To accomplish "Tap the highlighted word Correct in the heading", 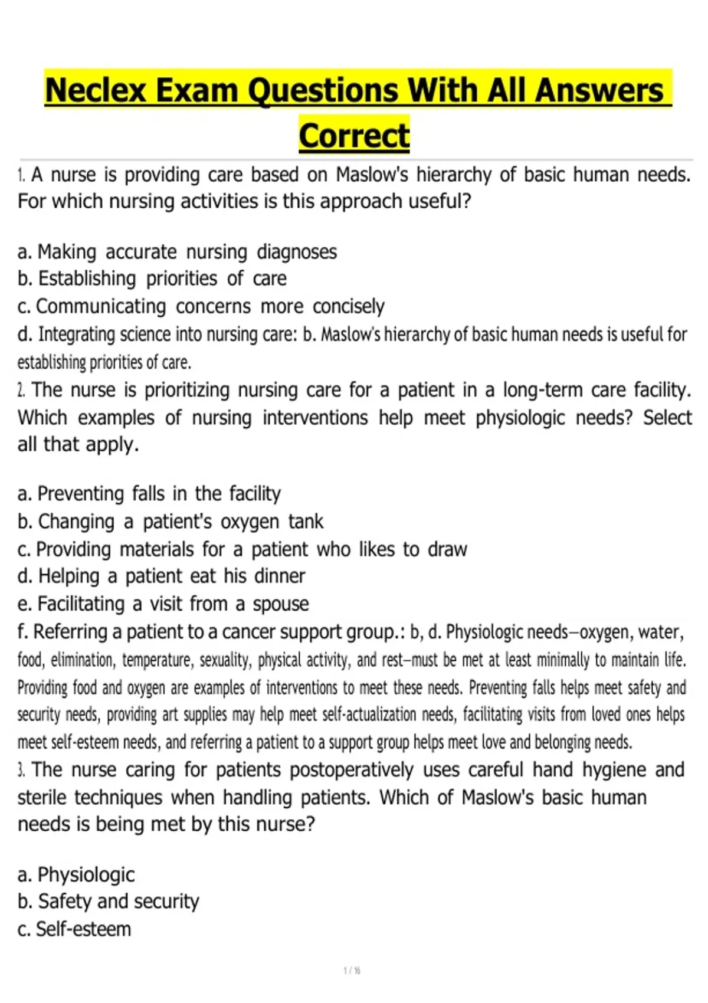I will (x=354, y=136).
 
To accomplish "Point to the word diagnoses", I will (x=297, y=252).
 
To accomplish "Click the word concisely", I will (x=349, y=306).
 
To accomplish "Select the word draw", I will (x=447, y=549).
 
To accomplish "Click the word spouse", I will (x=281, y=604).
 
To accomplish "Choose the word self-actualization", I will (x=369, y=714).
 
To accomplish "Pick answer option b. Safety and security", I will (x=109, y=902).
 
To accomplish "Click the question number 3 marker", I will (x=21, y=770).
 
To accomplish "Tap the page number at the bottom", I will (x=352, y=971).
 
